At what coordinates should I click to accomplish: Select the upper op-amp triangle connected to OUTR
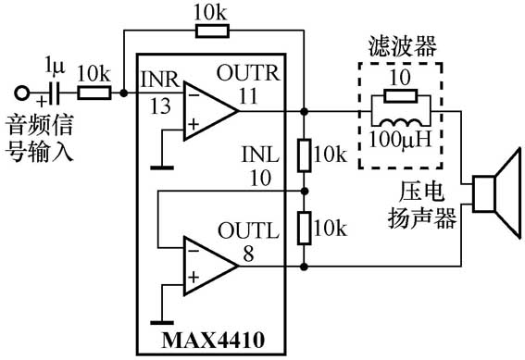click(x=207, y=110)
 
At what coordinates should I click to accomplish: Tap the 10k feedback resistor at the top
click(x=213, y=31)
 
